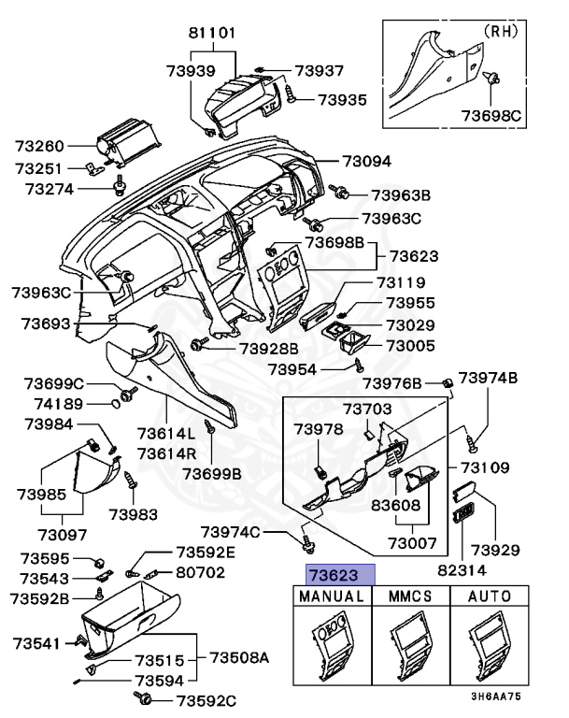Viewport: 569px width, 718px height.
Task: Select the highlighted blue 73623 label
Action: tap(334, 575)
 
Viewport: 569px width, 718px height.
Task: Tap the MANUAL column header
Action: tap(333, 596)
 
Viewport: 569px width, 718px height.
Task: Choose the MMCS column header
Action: tap(410, 596)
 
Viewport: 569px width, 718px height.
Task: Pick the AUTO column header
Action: tap(489, 596)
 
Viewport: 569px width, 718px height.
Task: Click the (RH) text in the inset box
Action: tap(500, 30)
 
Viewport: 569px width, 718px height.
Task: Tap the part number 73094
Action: tap(366, 161)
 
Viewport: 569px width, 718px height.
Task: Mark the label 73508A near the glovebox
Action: tap(238, 657)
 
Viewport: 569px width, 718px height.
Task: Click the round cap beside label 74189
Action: tap(117, 404)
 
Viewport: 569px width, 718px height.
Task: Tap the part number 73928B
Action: tap(268, 348)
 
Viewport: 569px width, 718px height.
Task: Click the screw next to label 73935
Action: tap(292, 94)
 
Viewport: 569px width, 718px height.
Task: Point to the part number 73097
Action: tap(63, 535)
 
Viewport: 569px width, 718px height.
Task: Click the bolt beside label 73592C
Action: tap(145, 699)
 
